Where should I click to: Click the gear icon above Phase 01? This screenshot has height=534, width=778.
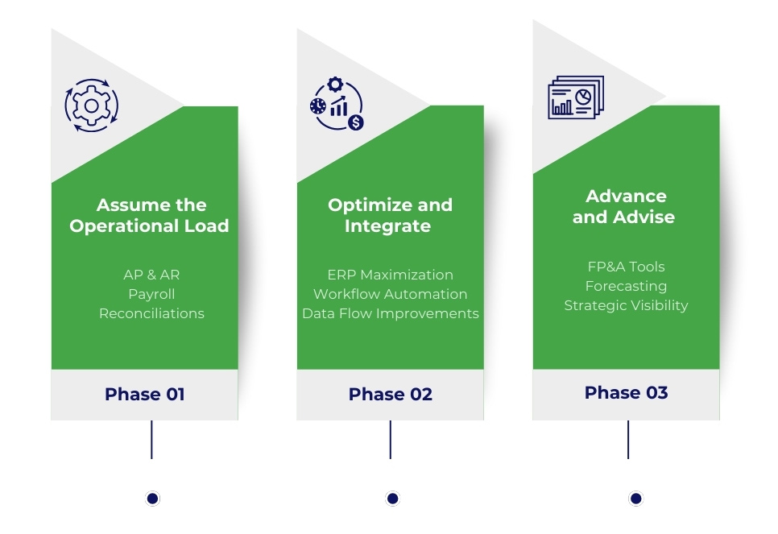[91, 106]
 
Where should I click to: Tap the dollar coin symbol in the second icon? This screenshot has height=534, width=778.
[355, 122]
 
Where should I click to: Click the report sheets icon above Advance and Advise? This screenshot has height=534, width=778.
[575, 98]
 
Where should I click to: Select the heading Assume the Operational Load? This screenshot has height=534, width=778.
[150, 215]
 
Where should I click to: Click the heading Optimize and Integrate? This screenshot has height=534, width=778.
[390, 215]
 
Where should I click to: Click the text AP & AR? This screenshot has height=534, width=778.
[151, 275]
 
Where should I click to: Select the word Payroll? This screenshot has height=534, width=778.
[151, 294]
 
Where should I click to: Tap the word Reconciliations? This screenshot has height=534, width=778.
[151, 313]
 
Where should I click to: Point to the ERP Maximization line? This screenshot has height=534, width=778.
[390, 275]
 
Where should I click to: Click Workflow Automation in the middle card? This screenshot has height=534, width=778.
[390, 294]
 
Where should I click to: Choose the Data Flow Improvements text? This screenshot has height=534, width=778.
[390, 313]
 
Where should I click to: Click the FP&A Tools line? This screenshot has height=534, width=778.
[626, 267]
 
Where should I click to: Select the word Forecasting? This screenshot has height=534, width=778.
[626, 286]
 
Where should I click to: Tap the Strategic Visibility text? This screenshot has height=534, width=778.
[626, 305]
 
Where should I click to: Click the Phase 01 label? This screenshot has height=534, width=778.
[145, 394]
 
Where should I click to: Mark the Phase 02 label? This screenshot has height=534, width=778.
[390, 394]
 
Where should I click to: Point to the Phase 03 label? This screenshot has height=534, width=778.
[626, 392]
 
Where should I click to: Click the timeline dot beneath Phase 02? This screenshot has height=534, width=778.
[392, 499]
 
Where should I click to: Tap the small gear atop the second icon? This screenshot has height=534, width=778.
[335, 84]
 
